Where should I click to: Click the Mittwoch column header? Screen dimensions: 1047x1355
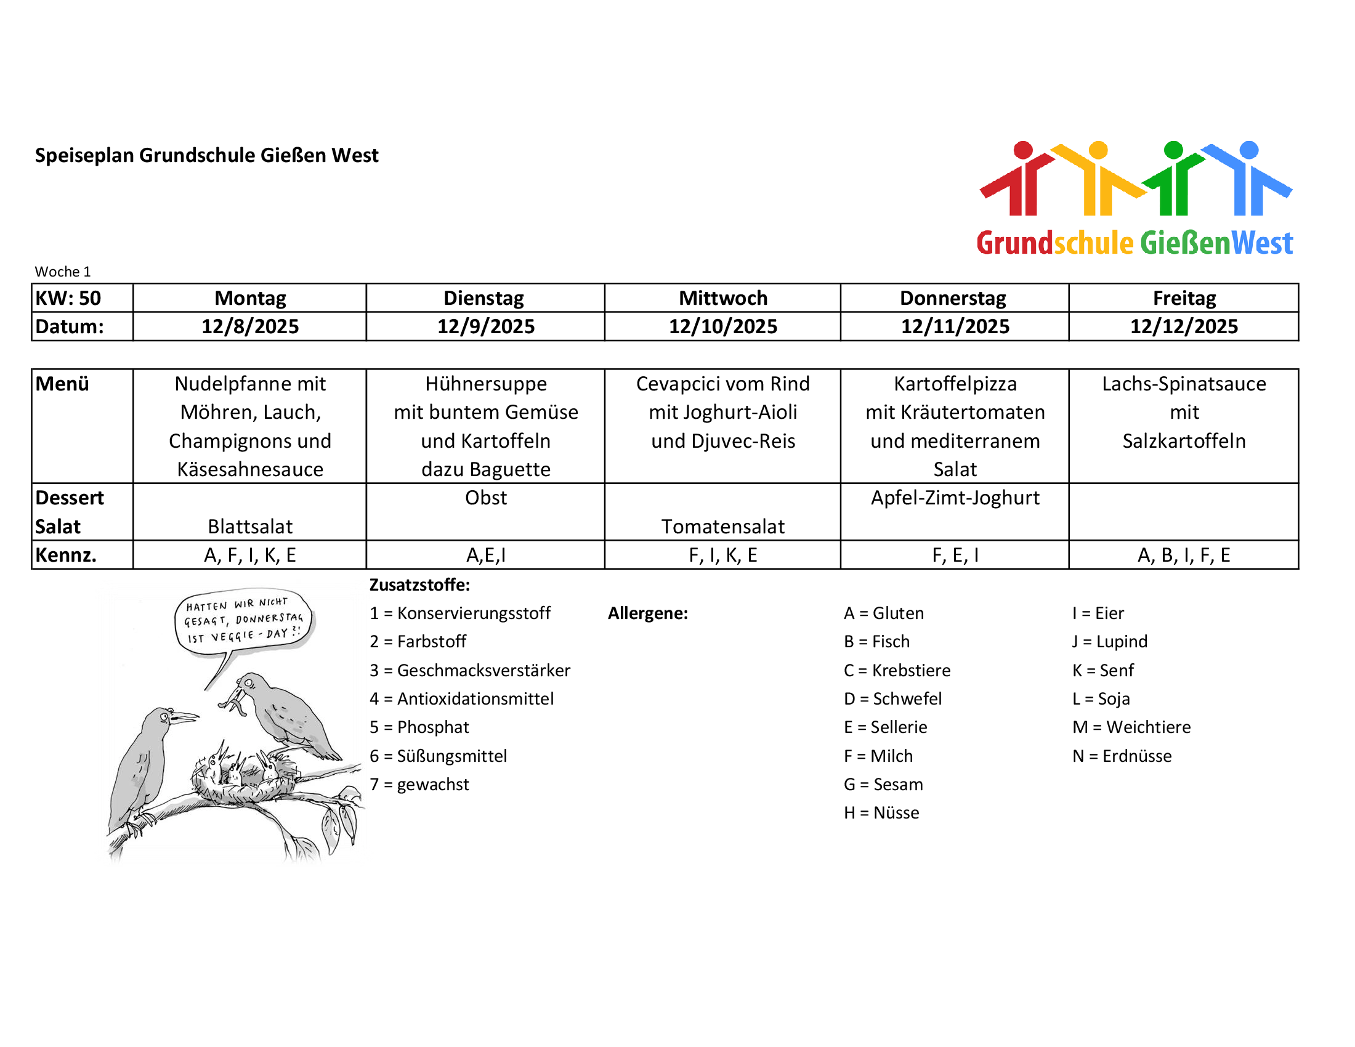click(723, 298)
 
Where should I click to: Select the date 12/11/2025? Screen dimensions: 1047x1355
click(955, 326)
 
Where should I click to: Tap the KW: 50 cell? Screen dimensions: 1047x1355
click(68, 298)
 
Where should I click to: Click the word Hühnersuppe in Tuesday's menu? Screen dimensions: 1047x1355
click(486, 384)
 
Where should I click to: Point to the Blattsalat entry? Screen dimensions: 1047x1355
click(250, 527)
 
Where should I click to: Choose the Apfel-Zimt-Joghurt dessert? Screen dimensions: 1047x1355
click(955, 498)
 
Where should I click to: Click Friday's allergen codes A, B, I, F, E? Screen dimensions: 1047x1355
click(1183, 555)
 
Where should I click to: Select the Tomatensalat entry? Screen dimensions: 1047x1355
click(723, 527)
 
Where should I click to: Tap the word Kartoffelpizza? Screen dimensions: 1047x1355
click(955, 384)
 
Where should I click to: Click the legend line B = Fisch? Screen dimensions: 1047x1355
click(876, 641)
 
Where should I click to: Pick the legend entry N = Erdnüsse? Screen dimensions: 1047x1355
click(1122, 756)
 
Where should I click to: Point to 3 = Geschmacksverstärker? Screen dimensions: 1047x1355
click(470, 671)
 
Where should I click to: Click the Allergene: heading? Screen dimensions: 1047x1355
click(648, 613)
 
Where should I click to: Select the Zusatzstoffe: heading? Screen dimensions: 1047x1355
click(419, 585)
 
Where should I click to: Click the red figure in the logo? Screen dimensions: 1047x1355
click(1021, 180)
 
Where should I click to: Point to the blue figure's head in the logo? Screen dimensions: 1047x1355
click(1248, 150)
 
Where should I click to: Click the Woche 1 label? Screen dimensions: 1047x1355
click(63, 272)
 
